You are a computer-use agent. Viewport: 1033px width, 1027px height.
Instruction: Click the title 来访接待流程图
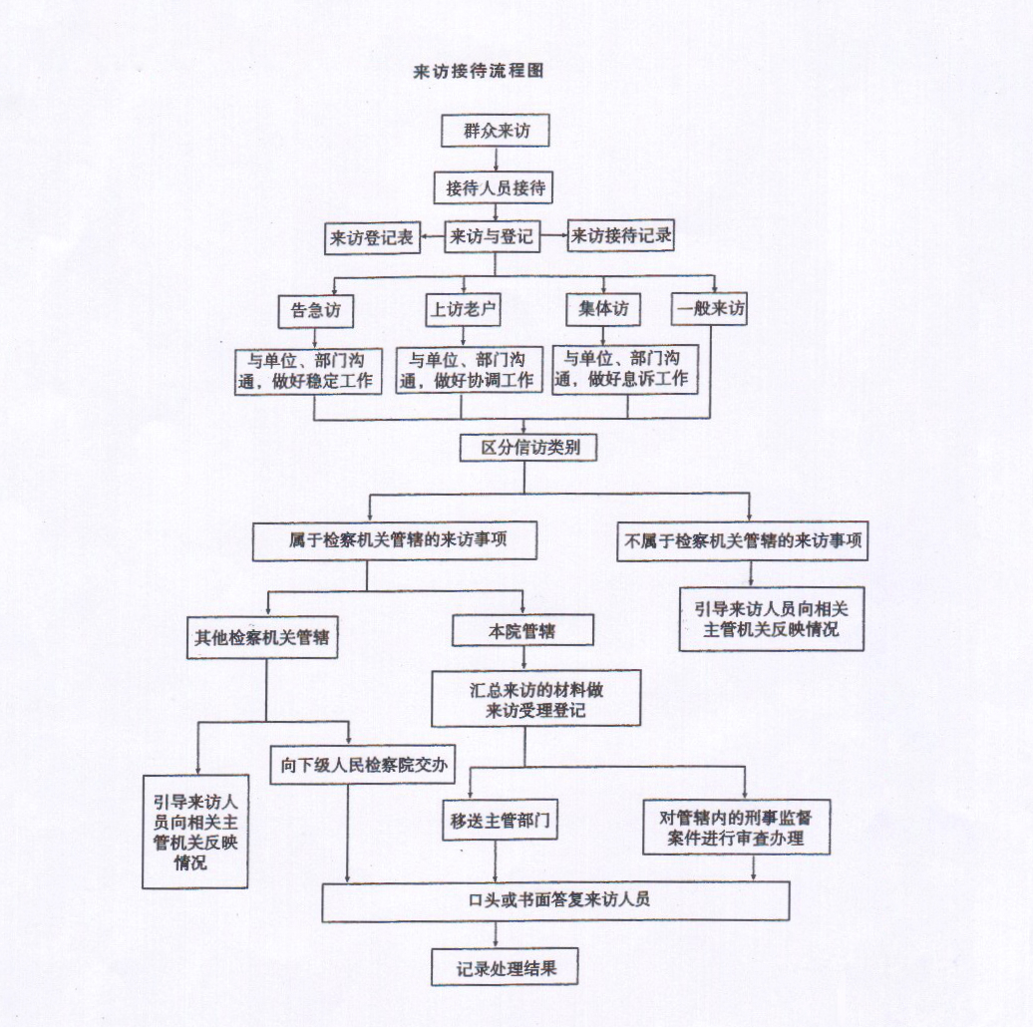click(x=478, y=73)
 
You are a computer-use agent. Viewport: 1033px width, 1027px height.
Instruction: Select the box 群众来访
click(x=496, y=132)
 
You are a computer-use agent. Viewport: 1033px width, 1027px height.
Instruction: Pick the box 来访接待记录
click(x=620, y=238)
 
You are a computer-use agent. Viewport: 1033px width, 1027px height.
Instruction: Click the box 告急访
click(x=315, y=310)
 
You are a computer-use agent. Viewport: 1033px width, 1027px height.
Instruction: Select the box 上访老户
click(x=461, y=310)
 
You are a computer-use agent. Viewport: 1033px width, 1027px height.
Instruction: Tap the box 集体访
click(x=603, y=309)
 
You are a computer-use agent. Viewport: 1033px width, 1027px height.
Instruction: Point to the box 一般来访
click(x=710, y=309)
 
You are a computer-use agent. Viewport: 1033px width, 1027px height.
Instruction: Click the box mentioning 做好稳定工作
click(x=308, y=370)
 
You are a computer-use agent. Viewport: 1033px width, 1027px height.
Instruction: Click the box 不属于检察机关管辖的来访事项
click(x=743, y=543)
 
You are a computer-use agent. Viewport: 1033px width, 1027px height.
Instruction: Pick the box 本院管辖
click(x=522, y=631)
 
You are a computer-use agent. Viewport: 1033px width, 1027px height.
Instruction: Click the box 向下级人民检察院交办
click(x=364, y=766)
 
